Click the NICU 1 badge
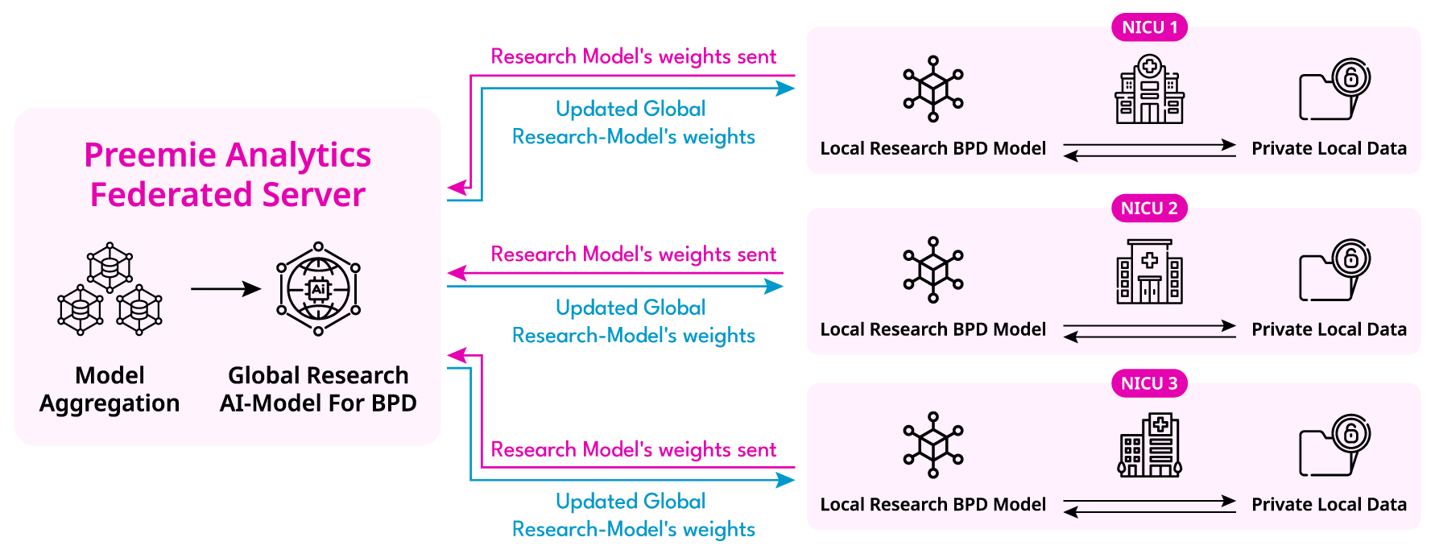(x=1149, y=27)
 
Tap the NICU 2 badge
(x=1149, y=209)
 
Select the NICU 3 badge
(x=1149, y=383)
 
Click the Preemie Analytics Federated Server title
(x=228, y=175)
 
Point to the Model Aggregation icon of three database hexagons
(x=110, y=288)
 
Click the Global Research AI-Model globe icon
(x=318, y=288)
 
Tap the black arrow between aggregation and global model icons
(x=225, y=288)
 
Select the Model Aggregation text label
(x=110, y=389)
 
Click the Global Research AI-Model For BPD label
(x=318, y=389)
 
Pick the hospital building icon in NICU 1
(x=1149, y=89)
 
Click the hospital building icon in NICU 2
(x=1149, y=271)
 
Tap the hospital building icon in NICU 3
(x=1149, y=445)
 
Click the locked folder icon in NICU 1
(x=1334, y=90)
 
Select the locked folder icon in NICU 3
(x=1334, y=446)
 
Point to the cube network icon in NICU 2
(x=933, y=270)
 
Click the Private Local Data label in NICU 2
(x=1329, y=329)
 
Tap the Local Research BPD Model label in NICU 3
(x=933, y=505)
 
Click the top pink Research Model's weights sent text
(x=634, y=56)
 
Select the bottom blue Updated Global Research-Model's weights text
(x=633, y=515)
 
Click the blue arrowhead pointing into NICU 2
(x=774, y=287)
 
